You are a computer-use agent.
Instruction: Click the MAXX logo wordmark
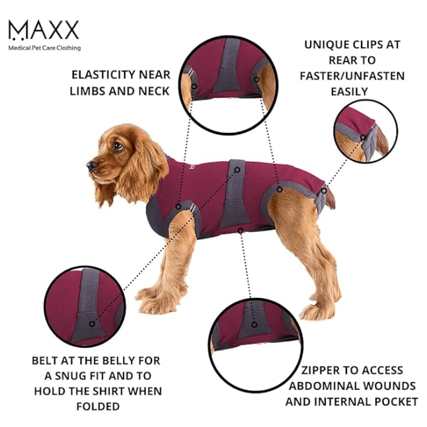click(x=44, y=30)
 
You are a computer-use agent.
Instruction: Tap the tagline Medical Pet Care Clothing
click(x=45, y=48)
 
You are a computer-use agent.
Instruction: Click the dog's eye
click(x=118, y=146)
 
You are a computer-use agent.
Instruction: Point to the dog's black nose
click(x=92, y=165)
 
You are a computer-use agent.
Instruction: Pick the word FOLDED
click(x=98, y=407)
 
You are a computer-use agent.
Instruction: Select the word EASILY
click(x=350, y=92)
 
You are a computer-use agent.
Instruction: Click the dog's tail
click(x=330, y=198)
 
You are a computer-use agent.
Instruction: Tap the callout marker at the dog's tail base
click(x=323, y=191)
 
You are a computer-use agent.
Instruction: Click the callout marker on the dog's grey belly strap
click(x=237, y=170)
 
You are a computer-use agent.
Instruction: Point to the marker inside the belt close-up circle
click(x=92, y=324)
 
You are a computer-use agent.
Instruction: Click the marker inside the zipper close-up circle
click(x=254, y=325)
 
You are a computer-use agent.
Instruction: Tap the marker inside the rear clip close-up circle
click(x=363, y=137)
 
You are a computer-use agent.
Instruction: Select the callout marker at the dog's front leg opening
click(x=178, y=207)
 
